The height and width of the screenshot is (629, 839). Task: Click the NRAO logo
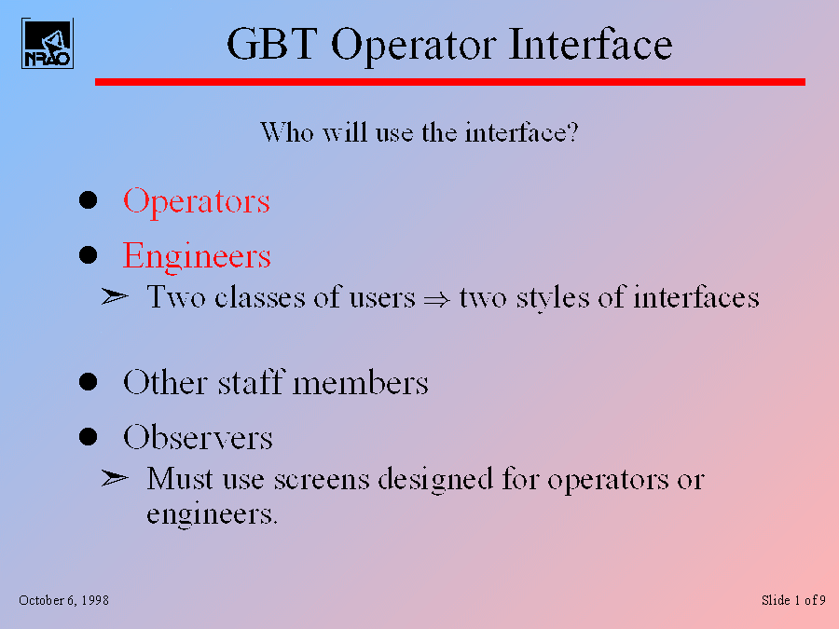tap(48, 43)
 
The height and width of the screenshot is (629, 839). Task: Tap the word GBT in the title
tap(272, 44)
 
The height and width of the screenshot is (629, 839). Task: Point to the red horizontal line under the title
tap(450, 82)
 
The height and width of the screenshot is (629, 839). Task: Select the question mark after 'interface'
tap(572, 131)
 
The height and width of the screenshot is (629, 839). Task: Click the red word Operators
tap(197, 202)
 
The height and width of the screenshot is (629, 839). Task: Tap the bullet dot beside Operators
tap(88, 200)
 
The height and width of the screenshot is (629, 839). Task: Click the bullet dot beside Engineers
tap(88, 254)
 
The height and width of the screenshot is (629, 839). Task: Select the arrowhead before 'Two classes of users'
tap(115, 295)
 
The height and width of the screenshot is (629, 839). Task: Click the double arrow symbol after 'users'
tap(436, 299)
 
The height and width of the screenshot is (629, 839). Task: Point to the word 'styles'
tap(553, 298)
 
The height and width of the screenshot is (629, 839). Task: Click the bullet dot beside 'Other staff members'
tap(88, 382)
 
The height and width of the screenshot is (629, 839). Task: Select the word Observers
tap(198, 437)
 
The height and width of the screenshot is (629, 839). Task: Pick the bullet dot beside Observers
tap(88, 436)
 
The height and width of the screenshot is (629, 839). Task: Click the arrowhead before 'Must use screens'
tap(115, 478)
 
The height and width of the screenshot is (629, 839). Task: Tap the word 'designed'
tap(435, 479)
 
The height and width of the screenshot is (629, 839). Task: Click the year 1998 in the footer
tap(95, 600)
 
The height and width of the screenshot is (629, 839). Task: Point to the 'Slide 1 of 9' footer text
tap(793, 600)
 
